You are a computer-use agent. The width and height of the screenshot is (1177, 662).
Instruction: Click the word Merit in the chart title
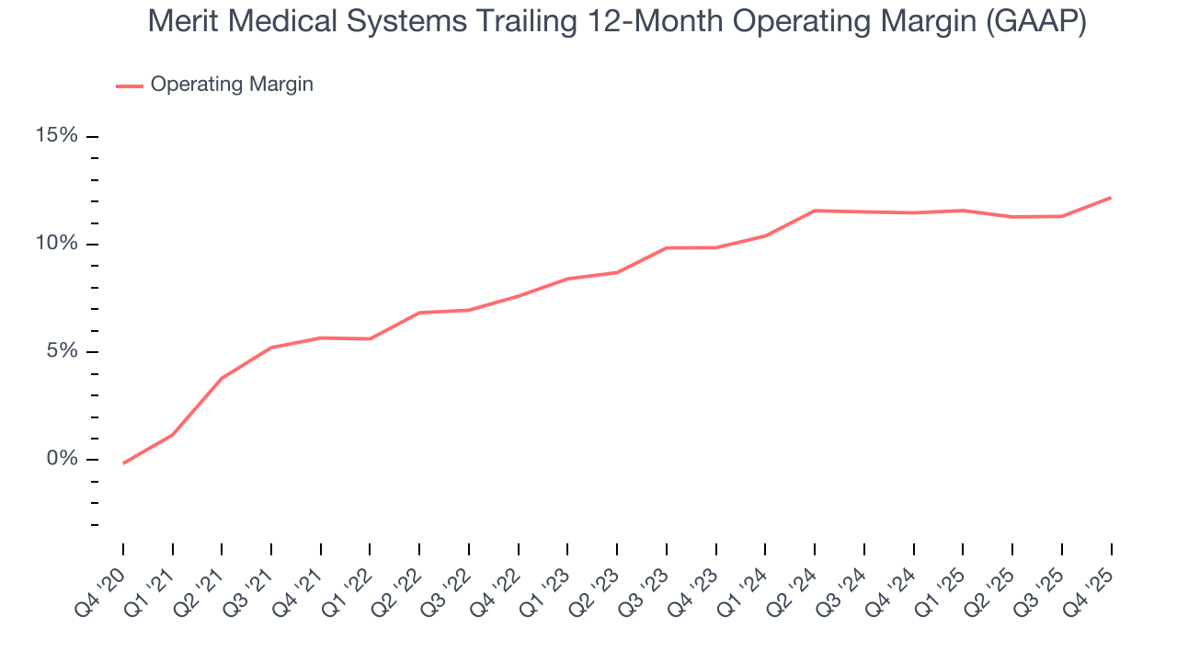[180, 22]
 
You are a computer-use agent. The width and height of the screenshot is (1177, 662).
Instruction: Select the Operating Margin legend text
[232, 85]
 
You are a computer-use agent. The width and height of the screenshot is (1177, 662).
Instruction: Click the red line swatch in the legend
[130, 86]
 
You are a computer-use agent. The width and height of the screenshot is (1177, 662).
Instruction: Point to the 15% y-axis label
[56, 136]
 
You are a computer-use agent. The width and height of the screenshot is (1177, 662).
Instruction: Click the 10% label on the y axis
[56, 244]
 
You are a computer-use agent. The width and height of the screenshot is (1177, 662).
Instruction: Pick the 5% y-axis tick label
[62, 351]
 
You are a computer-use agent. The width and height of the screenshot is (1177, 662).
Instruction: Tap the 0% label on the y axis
[62, 459]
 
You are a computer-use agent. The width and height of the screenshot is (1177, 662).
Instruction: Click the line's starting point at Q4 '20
[123, 463]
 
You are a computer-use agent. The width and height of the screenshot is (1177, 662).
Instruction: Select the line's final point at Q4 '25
[1111, 198]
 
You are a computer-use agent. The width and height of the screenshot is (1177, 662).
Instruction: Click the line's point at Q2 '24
[815, 211]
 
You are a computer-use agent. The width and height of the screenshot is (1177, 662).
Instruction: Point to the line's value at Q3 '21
[271, 348]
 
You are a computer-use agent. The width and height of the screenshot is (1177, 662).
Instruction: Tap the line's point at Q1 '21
[173, 434]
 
